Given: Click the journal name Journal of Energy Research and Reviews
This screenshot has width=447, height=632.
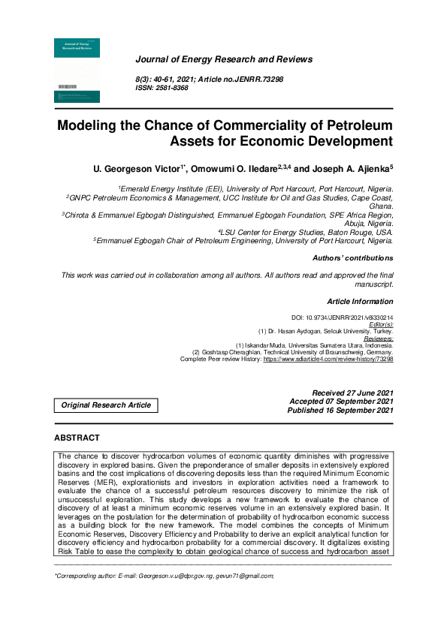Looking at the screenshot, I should (223, 59).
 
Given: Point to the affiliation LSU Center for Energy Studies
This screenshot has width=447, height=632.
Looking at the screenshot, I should (306, 232).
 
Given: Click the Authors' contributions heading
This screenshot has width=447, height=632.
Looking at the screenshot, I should (352, 258).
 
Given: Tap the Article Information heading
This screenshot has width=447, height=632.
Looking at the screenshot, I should (360, 302).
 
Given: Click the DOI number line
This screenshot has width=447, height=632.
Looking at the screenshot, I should (342, 318).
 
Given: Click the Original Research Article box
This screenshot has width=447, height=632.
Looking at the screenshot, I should (106, 405).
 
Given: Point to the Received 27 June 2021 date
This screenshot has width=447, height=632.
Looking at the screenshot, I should (352, 393).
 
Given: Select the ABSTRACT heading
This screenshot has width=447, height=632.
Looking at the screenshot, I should (77, 438).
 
